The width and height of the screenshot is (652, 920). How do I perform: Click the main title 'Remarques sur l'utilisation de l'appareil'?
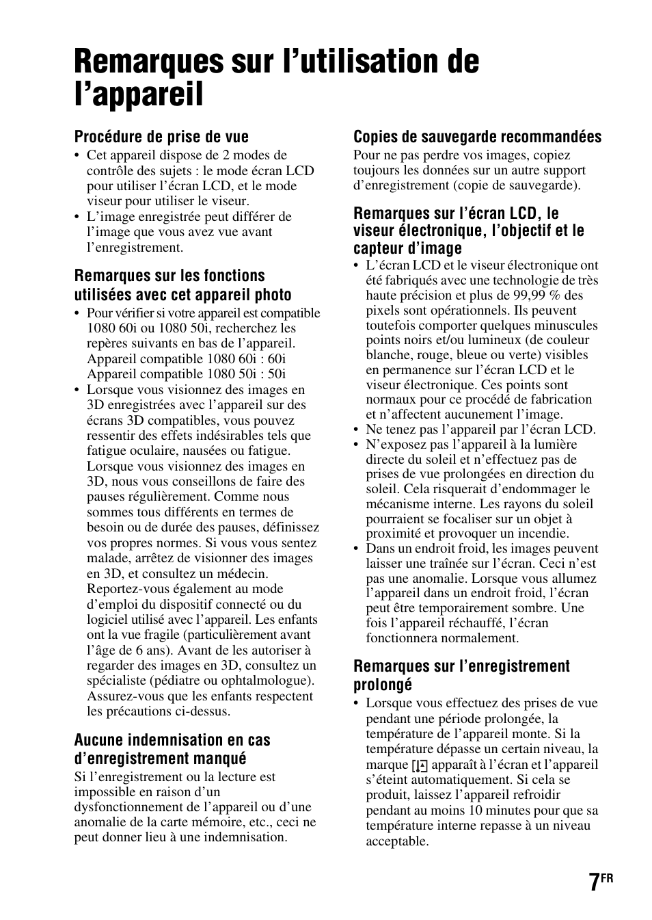[276, 77]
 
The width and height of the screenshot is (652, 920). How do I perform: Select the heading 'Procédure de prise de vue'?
[161, 137]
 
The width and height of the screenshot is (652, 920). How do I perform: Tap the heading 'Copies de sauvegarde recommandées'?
[477, 137]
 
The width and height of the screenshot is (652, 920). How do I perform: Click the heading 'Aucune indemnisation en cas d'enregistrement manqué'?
[172, 749]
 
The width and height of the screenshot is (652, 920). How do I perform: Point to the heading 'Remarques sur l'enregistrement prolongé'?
[461, 675]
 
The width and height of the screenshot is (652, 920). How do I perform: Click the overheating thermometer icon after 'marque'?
[420, 765]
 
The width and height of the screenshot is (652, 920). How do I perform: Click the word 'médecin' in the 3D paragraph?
[243, 574]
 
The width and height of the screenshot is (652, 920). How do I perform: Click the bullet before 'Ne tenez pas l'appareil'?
[357, 430]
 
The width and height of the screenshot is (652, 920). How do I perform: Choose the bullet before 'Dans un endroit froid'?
[357, 549]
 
